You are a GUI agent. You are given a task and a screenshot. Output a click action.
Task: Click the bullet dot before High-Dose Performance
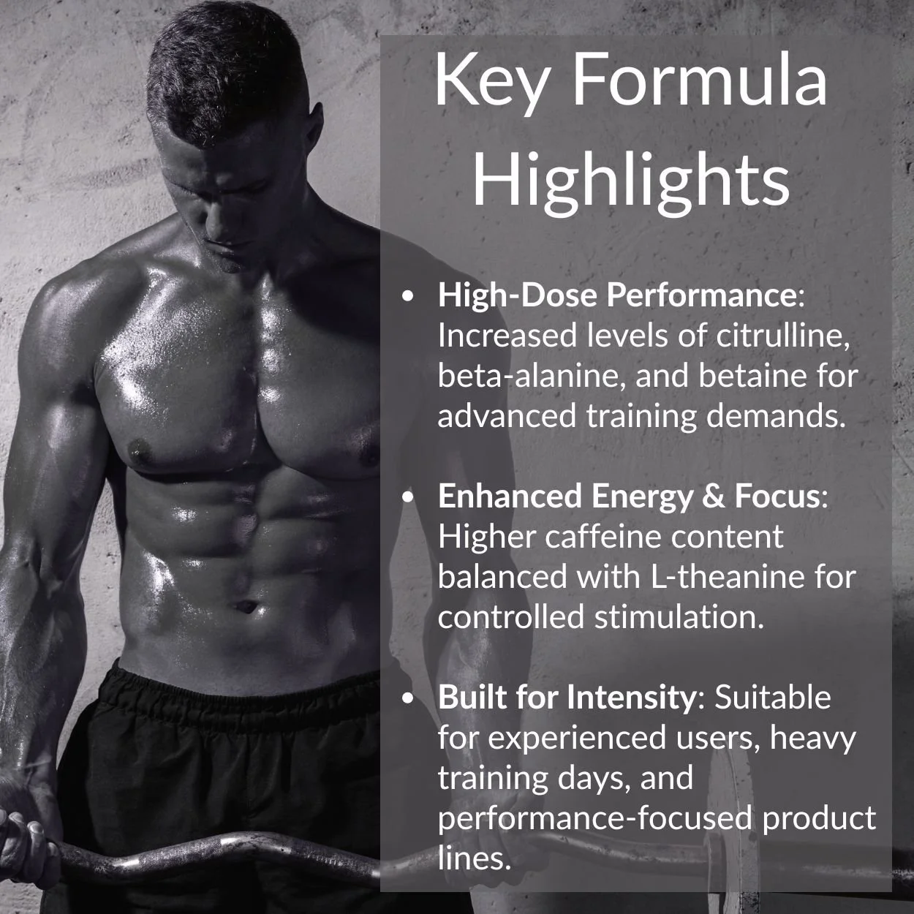click(409, 296)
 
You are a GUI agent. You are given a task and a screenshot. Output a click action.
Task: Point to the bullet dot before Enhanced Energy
click(409, 497)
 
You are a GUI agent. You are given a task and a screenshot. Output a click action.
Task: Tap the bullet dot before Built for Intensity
click(409, 698)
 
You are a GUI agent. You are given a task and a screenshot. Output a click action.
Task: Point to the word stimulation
click(679, 617)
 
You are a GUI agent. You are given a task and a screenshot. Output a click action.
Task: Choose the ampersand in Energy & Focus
click(711, 496)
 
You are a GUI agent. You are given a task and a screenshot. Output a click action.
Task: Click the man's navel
click(247, 606)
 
